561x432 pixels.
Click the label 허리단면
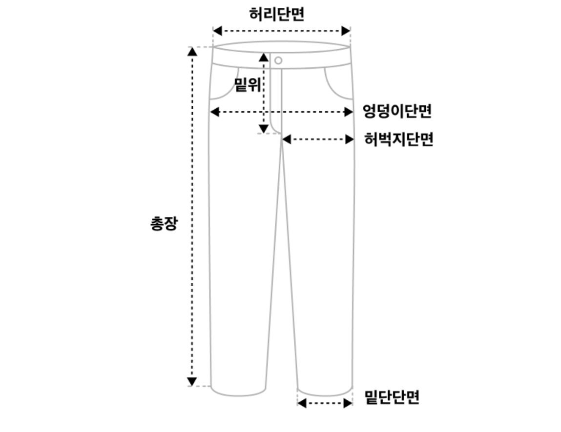pos(277,14)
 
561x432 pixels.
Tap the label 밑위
pos(248,84)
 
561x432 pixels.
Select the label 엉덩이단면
pos(397,112)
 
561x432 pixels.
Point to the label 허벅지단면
pos(398,139)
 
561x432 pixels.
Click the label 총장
pos(164,223)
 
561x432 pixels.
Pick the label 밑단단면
pos(392,397)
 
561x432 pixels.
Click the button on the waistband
pos(278,60)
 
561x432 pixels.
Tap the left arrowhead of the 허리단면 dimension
pos(217,31)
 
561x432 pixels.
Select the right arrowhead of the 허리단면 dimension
pos(346,31)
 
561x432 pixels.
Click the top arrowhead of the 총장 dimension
pos(193,51)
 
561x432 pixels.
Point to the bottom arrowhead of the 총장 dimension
pos(192,381)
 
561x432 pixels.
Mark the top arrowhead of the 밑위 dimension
pos(264,57)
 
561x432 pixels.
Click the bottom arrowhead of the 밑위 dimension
pos(264,129)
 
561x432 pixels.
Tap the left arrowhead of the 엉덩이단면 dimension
pos(214,112)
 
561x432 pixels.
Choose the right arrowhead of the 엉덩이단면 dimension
pos(349,112)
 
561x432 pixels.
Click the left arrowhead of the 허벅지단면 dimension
pos(287,139)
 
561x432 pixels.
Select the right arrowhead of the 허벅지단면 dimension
pos(350,139)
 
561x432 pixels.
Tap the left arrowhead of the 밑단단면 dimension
pos(302,403)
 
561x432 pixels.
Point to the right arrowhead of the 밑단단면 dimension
pos(348,403)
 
